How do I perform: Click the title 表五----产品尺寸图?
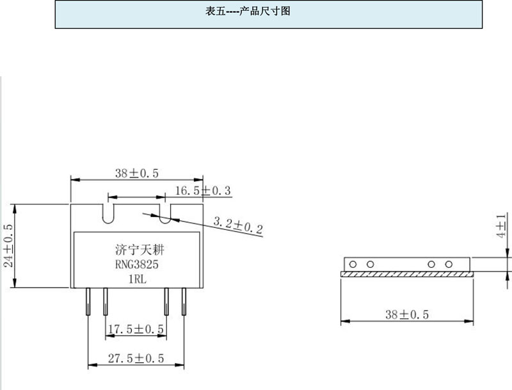coord(248,11)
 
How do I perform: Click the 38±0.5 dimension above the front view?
coord(136,173)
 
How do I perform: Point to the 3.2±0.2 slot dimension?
coord(238,225)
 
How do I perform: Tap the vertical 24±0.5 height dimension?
coord(8,247)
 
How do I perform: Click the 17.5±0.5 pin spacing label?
coord(136,329)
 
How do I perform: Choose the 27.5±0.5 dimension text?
coord(136,359)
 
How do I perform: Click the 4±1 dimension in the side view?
coord(502,226)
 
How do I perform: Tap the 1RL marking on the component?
coord(136,279)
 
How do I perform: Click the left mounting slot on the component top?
coord(108,212)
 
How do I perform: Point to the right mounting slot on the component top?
coord(166,213)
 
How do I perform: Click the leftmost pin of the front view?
coord(88,302)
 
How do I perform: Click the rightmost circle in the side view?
coord(449,264)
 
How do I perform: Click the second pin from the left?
coord(104,302)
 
